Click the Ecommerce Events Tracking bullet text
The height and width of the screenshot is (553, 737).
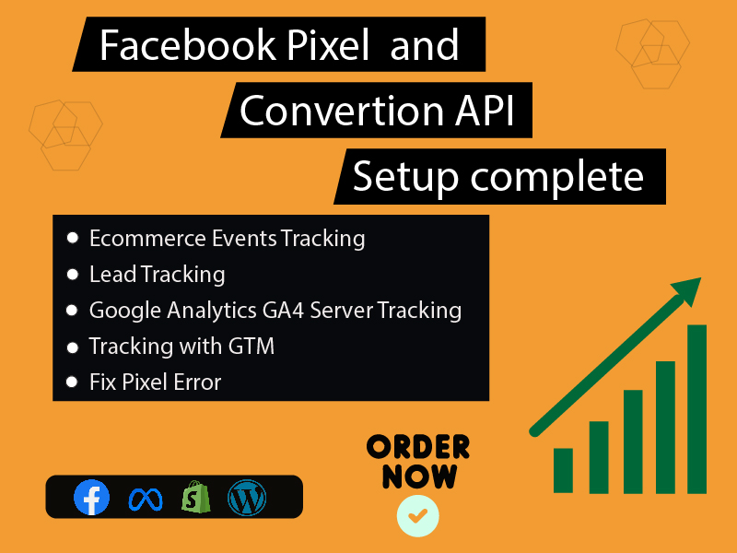coord(227,239)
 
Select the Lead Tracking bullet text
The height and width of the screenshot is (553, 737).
coord(157,274)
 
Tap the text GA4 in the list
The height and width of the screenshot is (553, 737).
coord(279,311)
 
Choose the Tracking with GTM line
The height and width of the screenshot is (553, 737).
coord(181,347)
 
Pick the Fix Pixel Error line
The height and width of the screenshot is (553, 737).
coord(155,382)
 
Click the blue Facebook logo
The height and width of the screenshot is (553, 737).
coord(91,498)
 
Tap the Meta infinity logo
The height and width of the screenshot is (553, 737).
coord(144,499)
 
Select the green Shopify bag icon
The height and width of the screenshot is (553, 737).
coord(196,498)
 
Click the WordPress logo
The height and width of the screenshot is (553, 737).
coord(247,498)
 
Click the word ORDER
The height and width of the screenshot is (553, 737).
coord(418,448)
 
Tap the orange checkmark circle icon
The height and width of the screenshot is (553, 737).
coord(417,515)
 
